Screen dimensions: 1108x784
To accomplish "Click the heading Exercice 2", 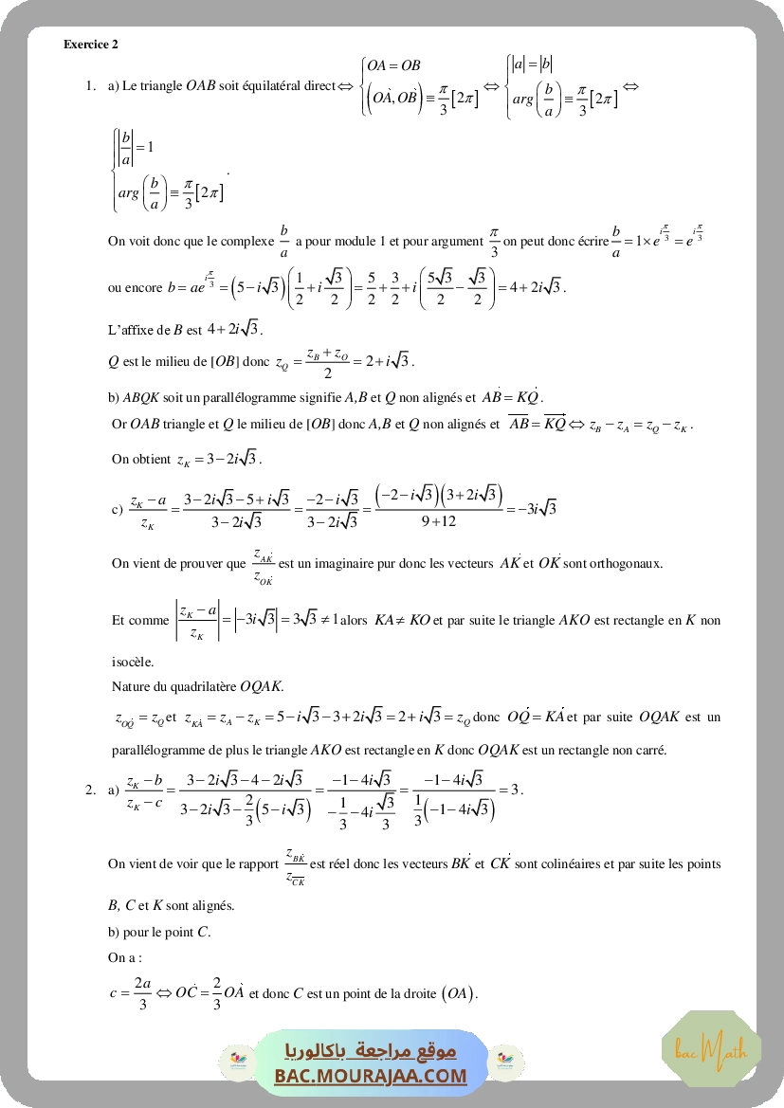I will click(x=91, y=44).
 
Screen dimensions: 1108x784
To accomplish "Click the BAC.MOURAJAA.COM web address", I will click(x=372, y=1076).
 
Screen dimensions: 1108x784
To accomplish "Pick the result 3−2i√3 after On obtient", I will click(x=218, y=459).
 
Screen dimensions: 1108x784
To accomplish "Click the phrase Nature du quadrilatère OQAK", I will click(x=197, y=685).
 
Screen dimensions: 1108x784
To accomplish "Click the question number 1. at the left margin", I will click(x=91, y=86).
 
